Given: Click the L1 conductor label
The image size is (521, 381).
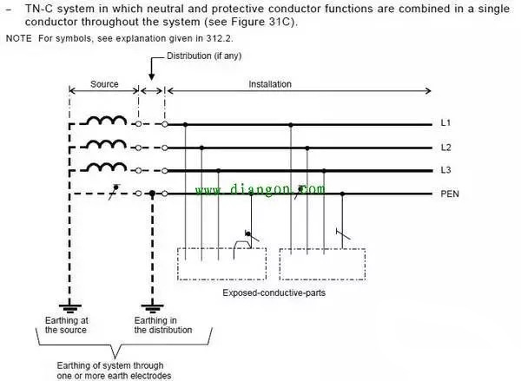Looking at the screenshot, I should [x=447, y=124].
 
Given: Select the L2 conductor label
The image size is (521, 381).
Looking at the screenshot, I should [x=447, y=148].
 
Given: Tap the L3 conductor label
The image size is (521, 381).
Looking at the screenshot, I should [x=447, y=170].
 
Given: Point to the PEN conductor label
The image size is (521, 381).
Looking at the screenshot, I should [x=451, y=194].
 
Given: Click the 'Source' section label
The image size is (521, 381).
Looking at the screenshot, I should [x=105, y=85].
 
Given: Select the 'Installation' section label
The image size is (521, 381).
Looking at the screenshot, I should [x=270, y=85].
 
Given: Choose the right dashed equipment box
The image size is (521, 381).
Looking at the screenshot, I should [x=322, y=263].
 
